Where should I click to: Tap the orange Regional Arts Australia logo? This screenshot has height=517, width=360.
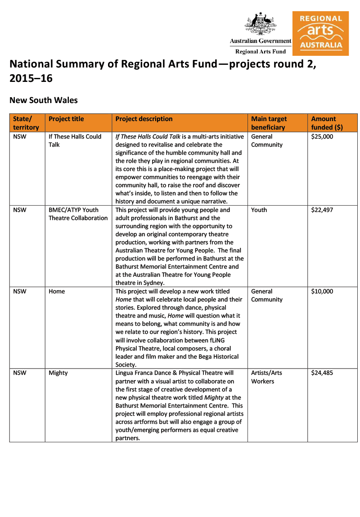tap(320, 33)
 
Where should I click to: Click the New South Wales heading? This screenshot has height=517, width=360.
tap(43, 100)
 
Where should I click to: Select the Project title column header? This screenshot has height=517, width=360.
tap(66, 119)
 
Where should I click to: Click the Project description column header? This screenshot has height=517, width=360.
tap(144, 119)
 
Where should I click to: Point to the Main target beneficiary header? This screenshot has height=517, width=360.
tap(269, 123)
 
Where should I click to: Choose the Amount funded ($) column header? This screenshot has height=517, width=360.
tap(326, 123)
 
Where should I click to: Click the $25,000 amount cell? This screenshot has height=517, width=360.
tap(322, 136)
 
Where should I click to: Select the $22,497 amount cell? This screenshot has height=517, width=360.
tap(322, 210)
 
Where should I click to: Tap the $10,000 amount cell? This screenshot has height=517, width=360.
tap(322, 291)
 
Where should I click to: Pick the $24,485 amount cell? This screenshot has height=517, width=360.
tap(322, 373)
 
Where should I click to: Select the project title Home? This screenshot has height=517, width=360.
tap(57, 291)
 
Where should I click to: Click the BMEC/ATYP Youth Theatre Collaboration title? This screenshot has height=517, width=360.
tap(78, 214)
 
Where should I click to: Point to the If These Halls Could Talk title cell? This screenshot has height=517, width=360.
tap(75, 140)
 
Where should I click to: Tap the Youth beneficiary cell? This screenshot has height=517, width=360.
tap(259, 210)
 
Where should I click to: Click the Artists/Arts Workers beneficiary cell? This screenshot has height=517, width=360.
tap(266, 377)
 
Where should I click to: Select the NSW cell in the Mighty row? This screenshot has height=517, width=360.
tap(20, 373)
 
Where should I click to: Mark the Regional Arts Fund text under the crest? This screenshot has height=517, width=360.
tap(261, 51)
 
